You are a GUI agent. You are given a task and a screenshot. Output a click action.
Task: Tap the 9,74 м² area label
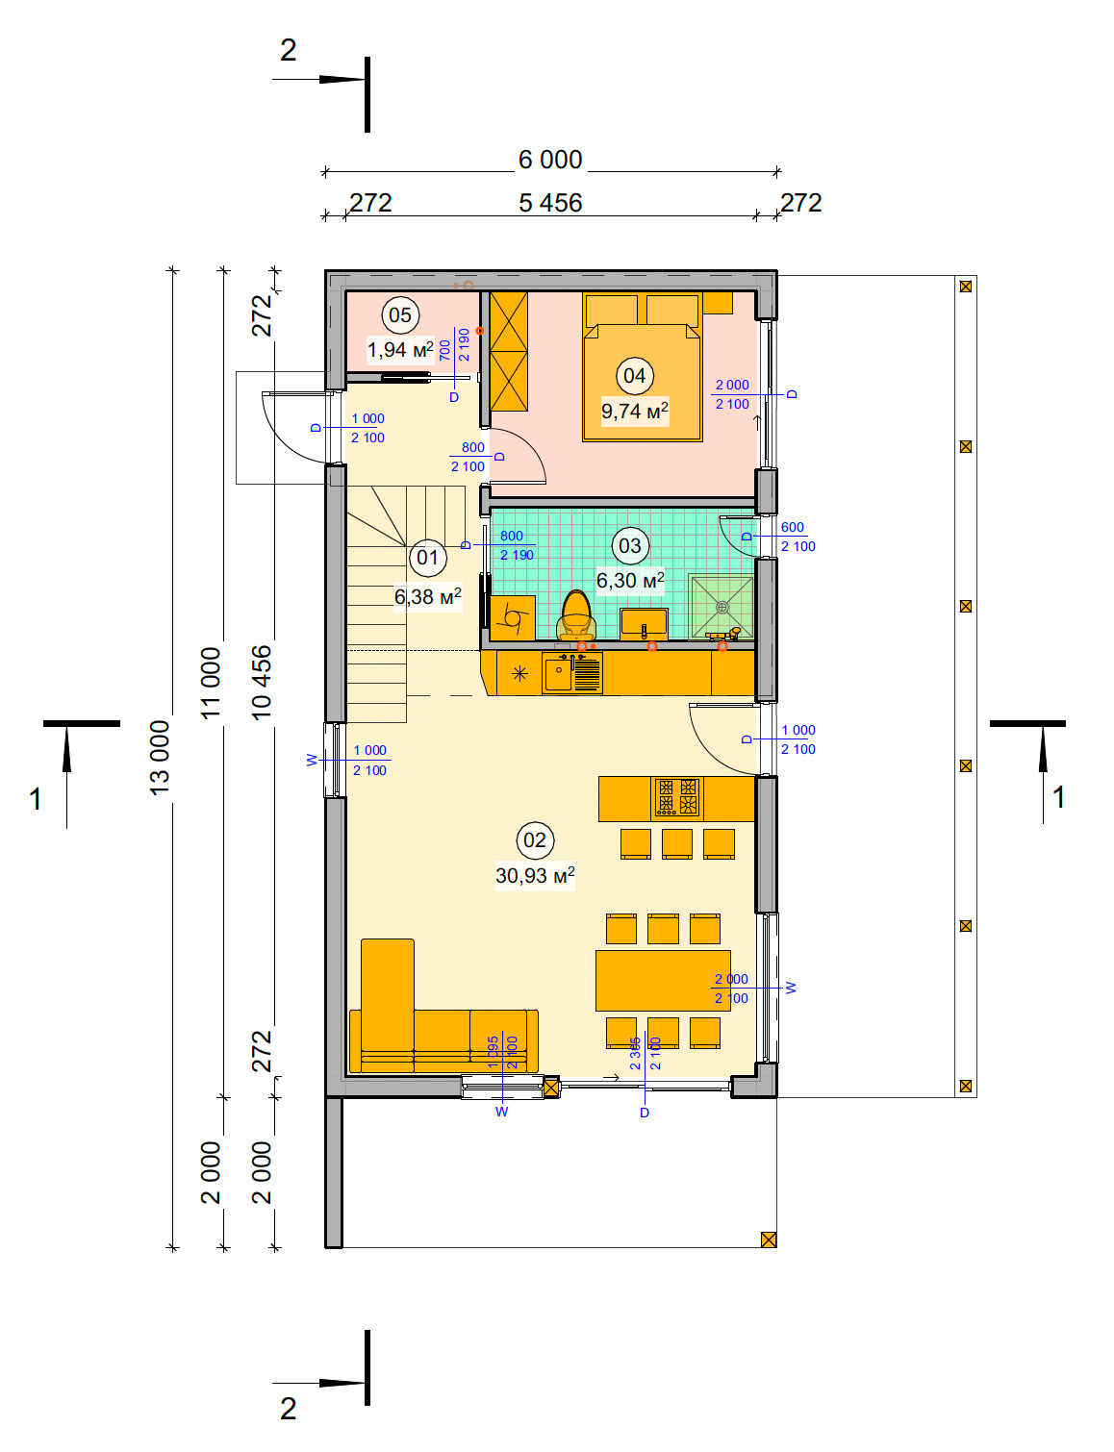click(x=634, y=411)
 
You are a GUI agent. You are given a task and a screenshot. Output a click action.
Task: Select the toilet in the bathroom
click(x=576, y=615)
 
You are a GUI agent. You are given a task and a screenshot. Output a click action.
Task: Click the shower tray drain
click(x=722, y=608)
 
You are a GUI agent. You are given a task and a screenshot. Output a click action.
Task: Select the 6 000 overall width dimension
click(x=550, y=160)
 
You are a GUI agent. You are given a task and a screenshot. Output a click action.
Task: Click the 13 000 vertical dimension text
click(x=159, y=758)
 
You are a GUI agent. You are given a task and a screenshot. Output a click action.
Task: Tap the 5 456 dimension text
click(x=550, y=203)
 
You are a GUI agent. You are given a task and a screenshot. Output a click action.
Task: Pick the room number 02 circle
click(x=535, y=840)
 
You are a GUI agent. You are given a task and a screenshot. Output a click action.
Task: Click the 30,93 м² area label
click(x=535, y=875)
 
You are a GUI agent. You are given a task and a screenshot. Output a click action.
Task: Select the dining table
click(x=663, y=980)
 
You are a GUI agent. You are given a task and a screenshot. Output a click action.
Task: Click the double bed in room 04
click(x=643, y=366)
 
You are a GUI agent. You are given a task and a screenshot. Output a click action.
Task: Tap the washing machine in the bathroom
click(x=513, y=618)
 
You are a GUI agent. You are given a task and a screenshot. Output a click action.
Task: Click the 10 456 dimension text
click(x=262, y=682)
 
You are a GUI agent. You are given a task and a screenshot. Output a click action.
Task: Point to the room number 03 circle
click(x=629, y=546)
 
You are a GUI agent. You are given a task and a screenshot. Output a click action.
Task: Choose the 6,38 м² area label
click(x=428, y=596)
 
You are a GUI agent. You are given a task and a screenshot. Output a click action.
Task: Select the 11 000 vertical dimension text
click(x=210, y=683)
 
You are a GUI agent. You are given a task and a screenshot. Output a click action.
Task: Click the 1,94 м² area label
click(x=400, y=349)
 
